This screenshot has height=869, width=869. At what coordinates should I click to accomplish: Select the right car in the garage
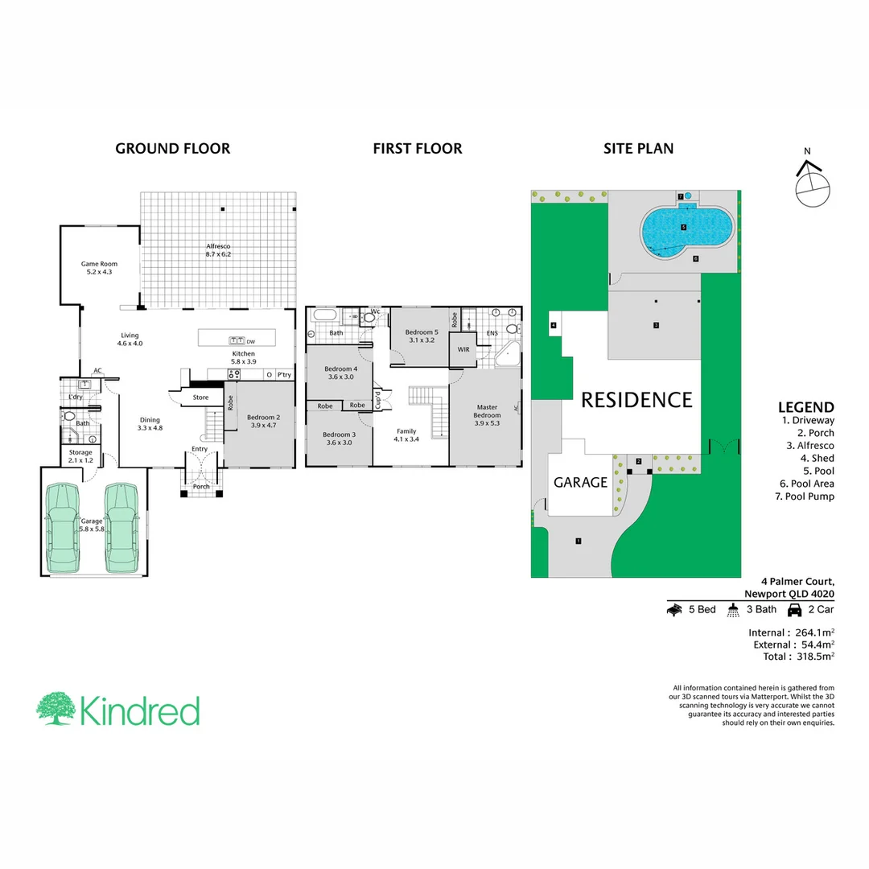122,526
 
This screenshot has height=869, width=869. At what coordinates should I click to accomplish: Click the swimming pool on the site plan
682,230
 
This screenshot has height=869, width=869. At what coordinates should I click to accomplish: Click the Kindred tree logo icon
56,709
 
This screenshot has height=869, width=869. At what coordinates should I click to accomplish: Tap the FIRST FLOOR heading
417,148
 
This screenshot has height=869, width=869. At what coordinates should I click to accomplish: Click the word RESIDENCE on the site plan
636,400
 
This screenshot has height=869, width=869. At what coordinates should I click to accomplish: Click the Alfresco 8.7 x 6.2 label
218,249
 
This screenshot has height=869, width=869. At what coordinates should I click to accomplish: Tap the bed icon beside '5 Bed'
673,610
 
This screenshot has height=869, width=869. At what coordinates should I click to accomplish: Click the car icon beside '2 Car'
794,610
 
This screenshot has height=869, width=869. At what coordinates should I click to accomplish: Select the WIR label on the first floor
463,350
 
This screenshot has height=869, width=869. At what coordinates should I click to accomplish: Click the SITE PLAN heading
639,148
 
